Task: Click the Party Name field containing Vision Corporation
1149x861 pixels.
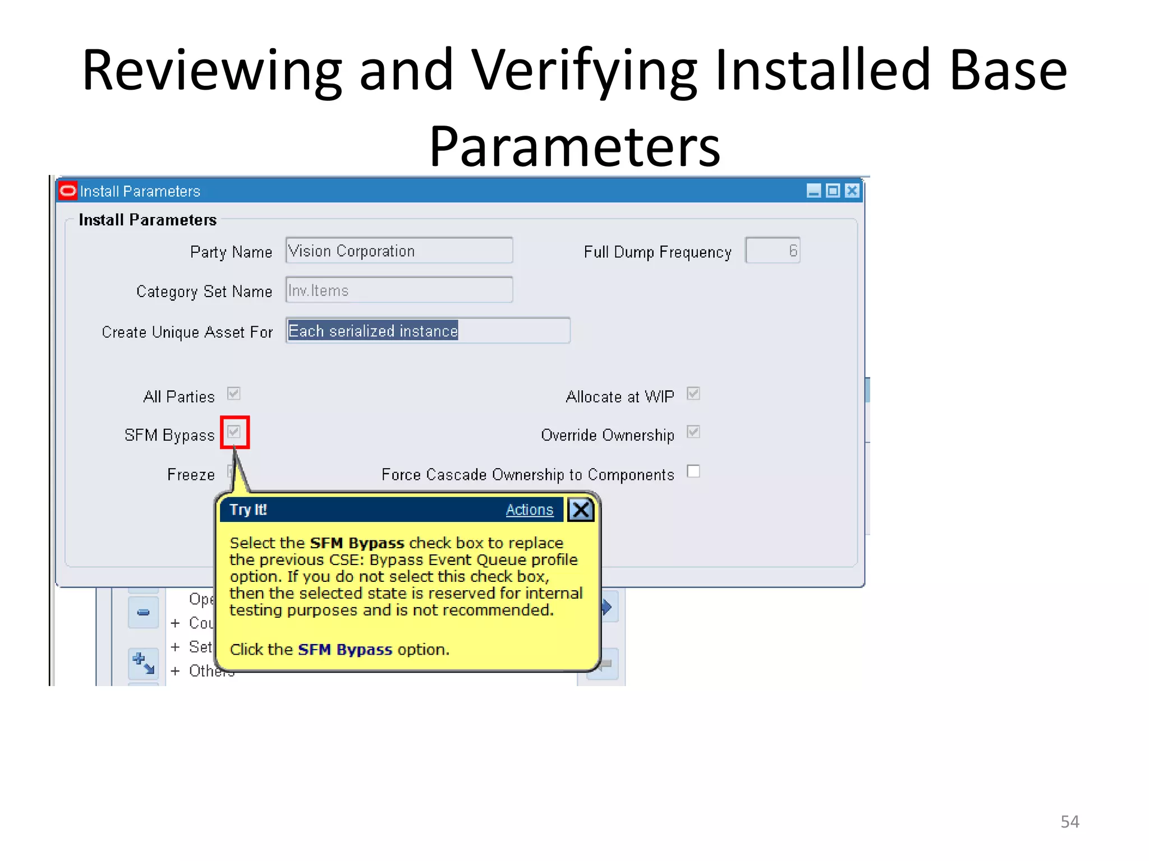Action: tap(398, 251)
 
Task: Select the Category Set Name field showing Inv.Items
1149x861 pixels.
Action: tap(398, 290)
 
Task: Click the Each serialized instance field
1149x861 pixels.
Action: tap(428, 331)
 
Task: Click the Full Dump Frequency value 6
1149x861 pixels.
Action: tap(773, 251)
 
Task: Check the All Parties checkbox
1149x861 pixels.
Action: tap(234, 394)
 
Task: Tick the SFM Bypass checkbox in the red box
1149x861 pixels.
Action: tap(234, 432)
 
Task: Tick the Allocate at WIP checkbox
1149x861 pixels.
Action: tap(693, 394)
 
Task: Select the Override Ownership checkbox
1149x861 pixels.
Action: tap(693, 432)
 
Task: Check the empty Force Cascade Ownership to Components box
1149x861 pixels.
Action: tap(693, 471)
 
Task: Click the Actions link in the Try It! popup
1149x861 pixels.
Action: tap(529, 510)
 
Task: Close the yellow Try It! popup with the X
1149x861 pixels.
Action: tap(581, 510)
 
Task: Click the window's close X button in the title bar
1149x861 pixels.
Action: tap(852, 191)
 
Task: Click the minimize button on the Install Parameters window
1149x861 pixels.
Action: tap(814, 191)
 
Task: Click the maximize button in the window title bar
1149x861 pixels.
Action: tap(833, 191)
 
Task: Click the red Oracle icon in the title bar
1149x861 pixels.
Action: tap(68, 191)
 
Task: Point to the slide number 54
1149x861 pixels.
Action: tap(1069, 822)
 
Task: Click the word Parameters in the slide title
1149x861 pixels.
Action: tap(574, 147)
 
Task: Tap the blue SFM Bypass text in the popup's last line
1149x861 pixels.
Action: tap(344, 650)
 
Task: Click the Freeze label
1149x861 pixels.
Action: tap(191, 475)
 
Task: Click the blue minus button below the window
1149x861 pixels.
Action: tap(144, 612)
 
